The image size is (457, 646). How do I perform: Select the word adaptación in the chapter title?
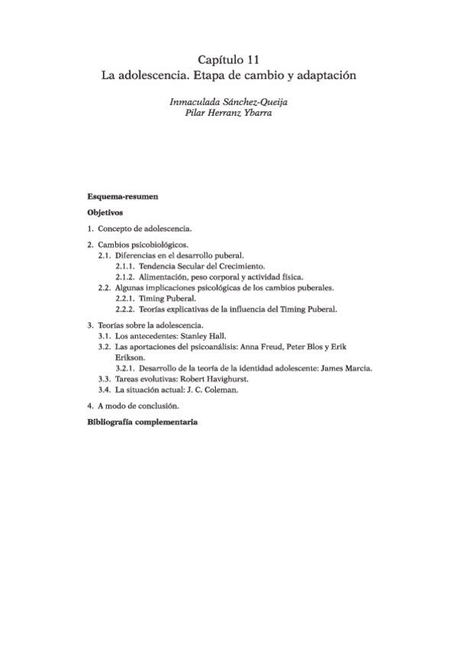tap(324, 76)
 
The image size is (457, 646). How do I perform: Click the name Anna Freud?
tap(264, 346)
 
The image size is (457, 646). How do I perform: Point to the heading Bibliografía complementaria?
tap(143, 421)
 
